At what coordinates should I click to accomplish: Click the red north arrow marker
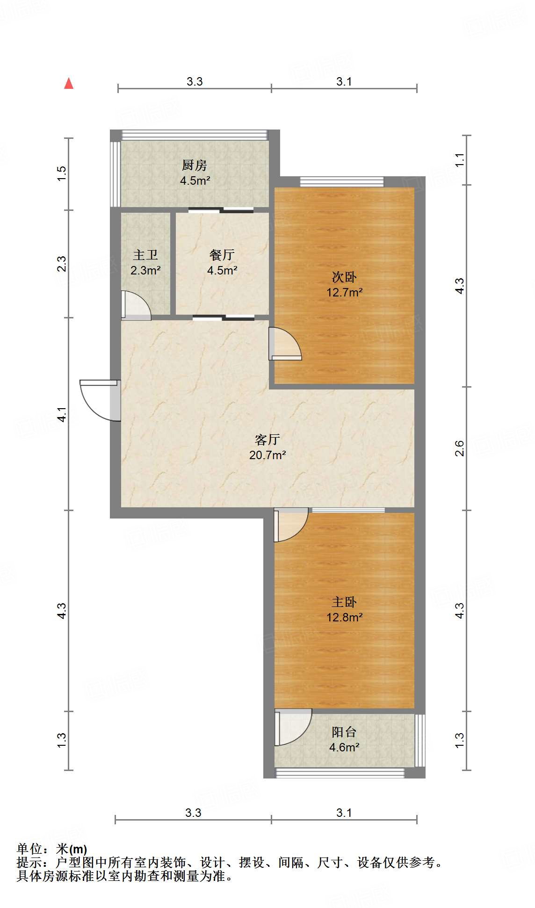(69, 84)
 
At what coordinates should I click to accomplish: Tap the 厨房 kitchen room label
(195, 165)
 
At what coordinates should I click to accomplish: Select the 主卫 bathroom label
(145, 255)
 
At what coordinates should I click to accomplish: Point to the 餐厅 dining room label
(222, 255)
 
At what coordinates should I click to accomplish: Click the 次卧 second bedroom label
(344, 277)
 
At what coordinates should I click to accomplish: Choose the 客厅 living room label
(267, 440)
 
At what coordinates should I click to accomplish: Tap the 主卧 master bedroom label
(344, 602)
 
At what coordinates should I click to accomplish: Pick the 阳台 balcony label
(344, 732)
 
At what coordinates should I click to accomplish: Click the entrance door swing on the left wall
(99, 400)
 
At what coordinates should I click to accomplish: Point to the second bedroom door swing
(285, 344)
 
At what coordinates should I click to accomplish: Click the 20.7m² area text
(267, 455)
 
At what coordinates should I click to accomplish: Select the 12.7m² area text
(345, 293)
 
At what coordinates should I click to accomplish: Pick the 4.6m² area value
(344, 747)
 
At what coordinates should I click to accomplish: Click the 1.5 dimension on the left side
(62, 174)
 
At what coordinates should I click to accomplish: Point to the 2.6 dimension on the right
(460, 448)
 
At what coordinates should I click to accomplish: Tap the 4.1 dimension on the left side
(62, 414)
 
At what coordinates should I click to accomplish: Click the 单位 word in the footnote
(29, 849)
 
